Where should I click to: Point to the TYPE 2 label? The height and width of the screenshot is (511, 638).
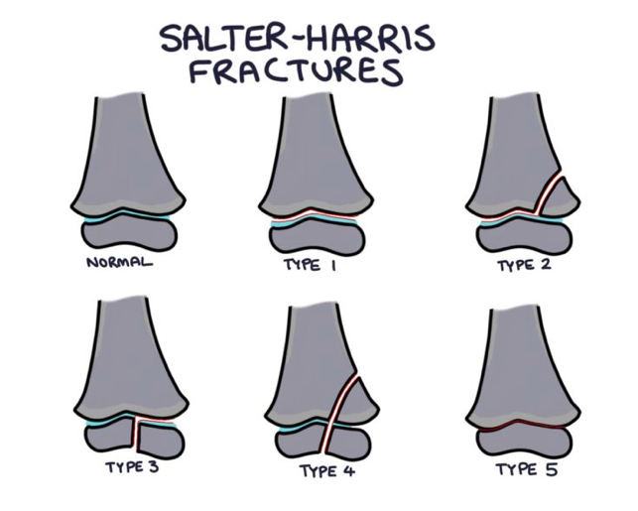[523, 265]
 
